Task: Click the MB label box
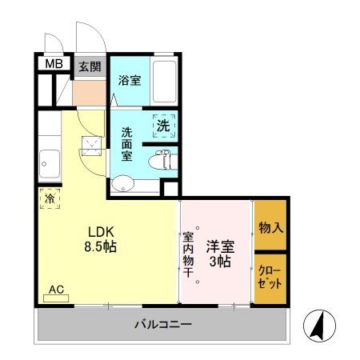[52, 66]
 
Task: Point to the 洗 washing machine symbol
[163, 125]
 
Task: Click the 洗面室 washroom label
[128, 144]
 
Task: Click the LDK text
[101, 231]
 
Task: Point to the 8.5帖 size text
[101, 247]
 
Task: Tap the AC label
[56, 290]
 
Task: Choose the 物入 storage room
[270, 228]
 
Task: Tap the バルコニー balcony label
[162, 325]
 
